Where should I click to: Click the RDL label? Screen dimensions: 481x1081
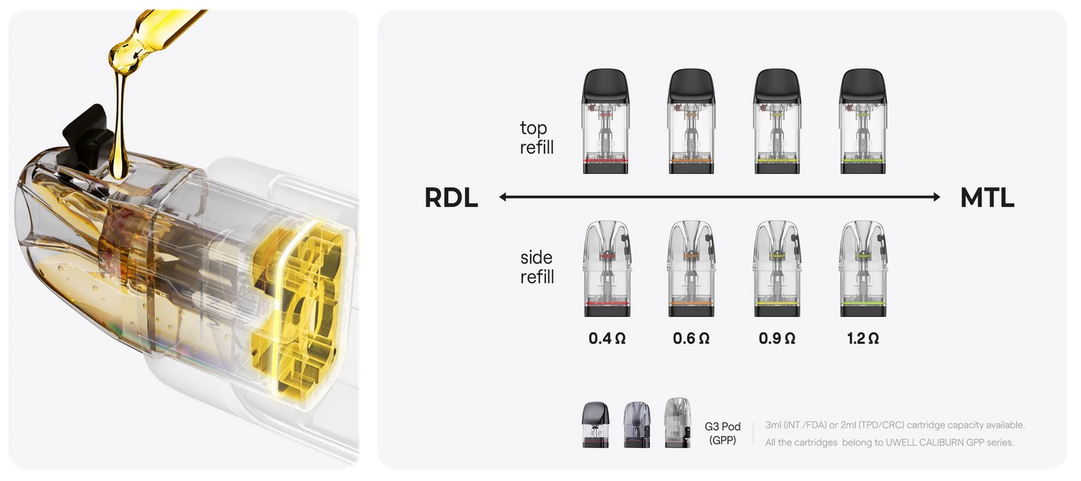pyautogui.click(x=451, y=198)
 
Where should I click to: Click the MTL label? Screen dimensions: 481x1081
pyautogui.click(x=987, y=198)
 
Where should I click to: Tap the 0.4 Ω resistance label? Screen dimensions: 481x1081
pyautogui.click(x=607, y=338)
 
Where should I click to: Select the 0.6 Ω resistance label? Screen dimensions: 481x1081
pyautogui.click(x=691, y=338)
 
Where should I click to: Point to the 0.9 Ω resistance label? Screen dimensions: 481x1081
pyautogui.click(x=777, y=338)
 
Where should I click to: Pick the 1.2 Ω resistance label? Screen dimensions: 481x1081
pyautogui.click(x=863, y=338)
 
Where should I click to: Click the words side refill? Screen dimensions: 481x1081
pyautogui.click(x=537, y=267)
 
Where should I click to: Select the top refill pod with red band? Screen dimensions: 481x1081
pyautogui.click(x=605, y=121)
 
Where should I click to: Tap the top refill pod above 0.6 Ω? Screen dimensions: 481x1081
pyautogui.click(x=691, y=121)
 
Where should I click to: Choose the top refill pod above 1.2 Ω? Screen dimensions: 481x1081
pyautogui.click(x=863, y=121)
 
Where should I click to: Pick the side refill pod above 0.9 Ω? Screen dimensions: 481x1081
pyautogui.click(x=777, y=269)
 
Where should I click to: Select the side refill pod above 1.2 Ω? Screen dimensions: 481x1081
pyautogui.click(x=863, y=269)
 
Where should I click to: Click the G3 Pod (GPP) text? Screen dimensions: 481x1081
pyautogui.click(x=722, y=433)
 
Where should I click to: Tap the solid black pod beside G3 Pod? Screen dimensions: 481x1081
pyautogui.click(x=596, y=424)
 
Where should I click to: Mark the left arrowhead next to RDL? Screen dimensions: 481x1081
pyautogui.click(x=503, y=197)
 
